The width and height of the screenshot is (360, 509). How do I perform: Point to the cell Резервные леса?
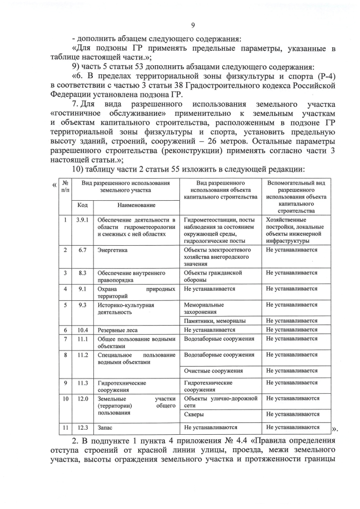coord(117,330)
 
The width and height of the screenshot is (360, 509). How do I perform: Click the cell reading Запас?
coord(106,427)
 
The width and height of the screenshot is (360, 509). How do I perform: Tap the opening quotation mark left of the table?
coord(54,186)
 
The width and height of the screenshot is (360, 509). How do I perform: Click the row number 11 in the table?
coord(66,427)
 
